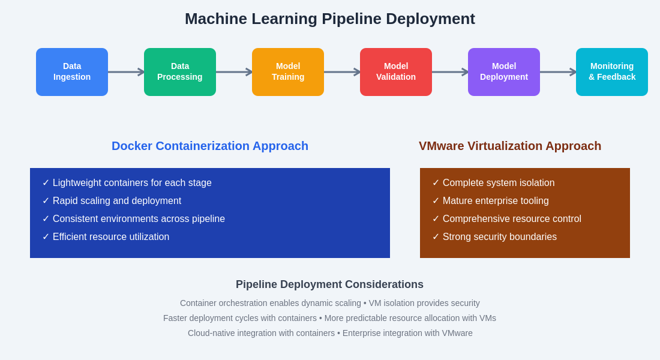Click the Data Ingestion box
point(72,72)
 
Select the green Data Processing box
point(180,72)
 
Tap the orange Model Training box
point(288,72)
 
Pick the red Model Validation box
point(396,72)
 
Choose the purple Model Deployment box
point(504,72)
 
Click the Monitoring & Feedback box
point(612,72)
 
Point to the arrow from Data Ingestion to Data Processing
point(126,72)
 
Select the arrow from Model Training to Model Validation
point(342,72)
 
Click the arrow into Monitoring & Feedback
point(558,72)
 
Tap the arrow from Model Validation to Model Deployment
point(450,72)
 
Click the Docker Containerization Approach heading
point(210,146)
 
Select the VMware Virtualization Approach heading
point(510,146)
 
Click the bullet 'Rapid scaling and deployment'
point(116,201)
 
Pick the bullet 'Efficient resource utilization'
point(110,237)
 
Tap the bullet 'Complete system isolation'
point(498,183)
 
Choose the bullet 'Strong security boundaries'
point(499,237)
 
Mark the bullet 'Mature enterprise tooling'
point(496,201)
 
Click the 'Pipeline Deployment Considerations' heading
point(329,284)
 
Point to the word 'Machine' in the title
point(216,19)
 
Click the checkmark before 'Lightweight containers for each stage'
point(46,183)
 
